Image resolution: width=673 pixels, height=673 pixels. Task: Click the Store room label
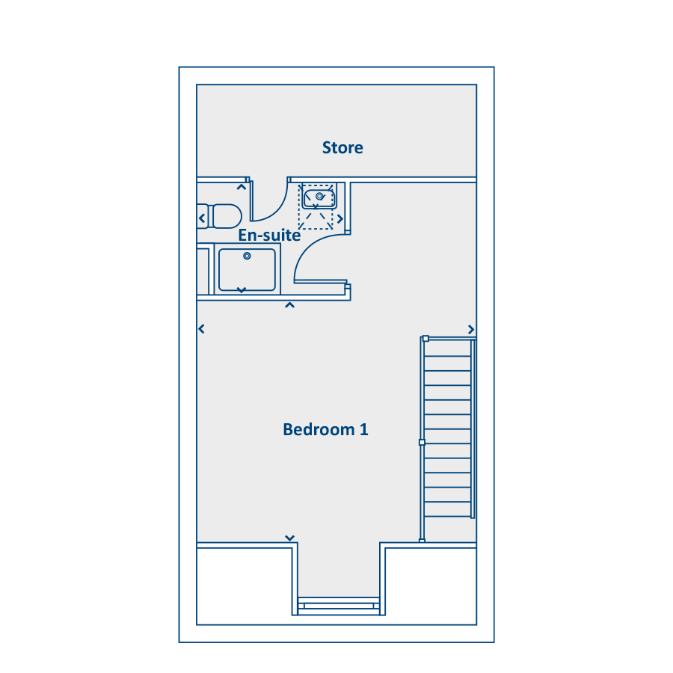pos(342,147)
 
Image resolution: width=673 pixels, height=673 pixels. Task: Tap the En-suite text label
pos(269,236)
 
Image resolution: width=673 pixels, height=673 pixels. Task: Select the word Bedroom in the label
pos(319,429)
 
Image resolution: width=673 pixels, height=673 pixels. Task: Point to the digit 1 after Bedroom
pos(364,429)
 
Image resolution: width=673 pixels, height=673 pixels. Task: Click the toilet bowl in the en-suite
pos(227,216)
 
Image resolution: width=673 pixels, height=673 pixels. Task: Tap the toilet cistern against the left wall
pos(202,216)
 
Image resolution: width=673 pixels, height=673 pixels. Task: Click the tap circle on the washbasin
pos(319,196)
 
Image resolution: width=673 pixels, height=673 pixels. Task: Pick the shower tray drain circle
pos(247,256)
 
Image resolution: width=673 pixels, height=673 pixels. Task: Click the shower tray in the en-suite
pos(247,270)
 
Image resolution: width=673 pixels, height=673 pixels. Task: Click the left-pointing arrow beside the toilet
pos(202,218)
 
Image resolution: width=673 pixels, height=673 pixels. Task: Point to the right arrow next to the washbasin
pos(340,219)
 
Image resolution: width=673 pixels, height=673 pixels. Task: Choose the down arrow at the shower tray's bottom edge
pos(242,290)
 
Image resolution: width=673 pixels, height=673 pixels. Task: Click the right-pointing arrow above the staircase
pos(471,329)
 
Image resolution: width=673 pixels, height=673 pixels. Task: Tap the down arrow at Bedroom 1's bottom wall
pos(289,538)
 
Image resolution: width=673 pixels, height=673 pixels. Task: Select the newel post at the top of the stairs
pos(425,339)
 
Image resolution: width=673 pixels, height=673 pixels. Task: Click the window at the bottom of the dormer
pos(339,606)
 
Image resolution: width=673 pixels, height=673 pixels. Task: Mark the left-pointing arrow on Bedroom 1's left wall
pos(201,329)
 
